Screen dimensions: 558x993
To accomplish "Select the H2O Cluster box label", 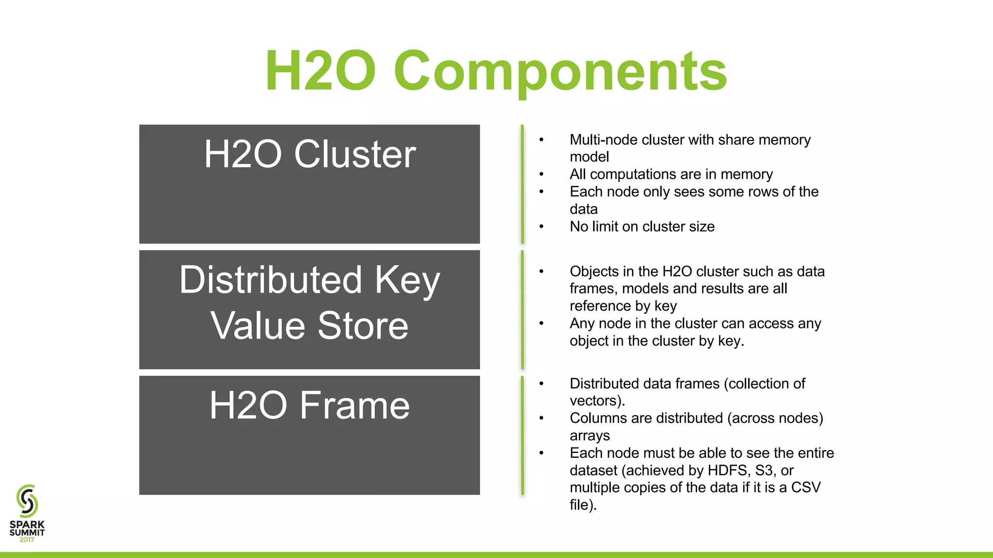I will click(x=309, y=155).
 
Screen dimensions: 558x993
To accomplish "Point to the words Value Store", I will click(x=309, y=325).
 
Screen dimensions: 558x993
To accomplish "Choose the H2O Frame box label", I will click(x=309, y=405).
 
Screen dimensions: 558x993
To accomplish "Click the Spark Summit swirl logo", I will click(x=27, y=501).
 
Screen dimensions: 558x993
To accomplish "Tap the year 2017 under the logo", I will click(x=27, y=540).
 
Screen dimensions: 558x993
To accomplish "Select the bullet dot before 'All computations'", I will click(x=542, y=174).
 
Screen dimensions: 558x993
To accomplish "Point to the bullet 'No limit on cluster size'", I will click(x=642, y=227).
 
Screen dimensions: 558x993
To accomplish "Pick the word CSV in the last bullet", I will click(x=806, y=487).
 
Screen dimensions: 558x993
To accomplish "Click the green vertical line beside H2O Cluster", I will click(x=522, y=184).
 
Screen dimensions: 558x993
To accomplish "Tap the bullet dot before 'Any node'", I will click(x=542, y=324).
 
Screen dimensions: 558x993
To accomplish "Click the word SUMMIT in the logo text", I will click(x=27, y=532).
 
